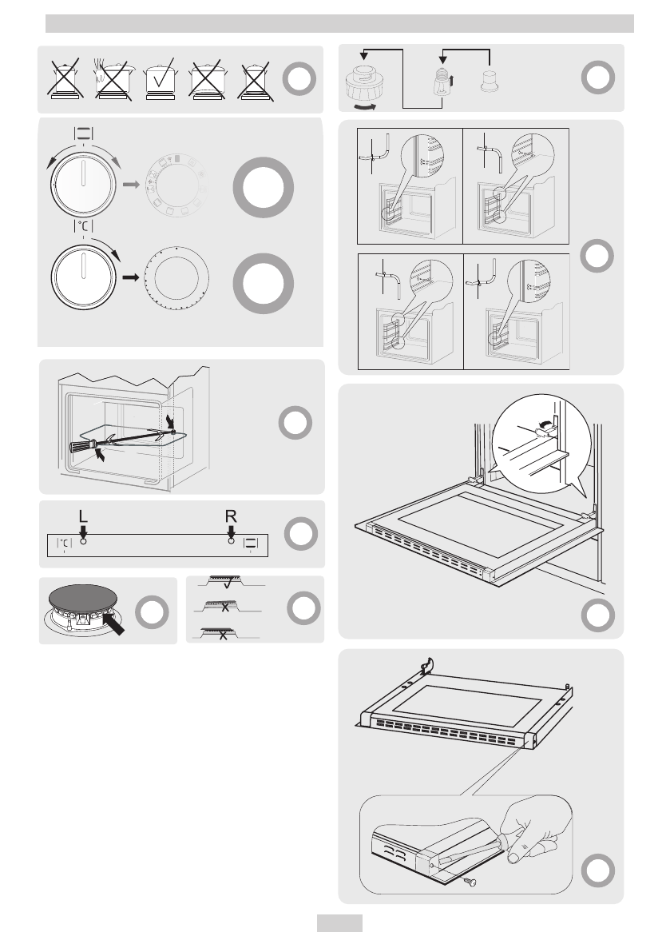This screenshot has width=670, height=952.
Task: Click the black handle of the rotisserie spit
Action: point(85,445)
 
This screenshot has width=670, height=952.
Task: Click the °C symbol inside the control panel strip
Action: point(64,543)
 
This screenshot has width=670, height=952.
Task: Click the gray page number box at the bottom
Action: point(339,923)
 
